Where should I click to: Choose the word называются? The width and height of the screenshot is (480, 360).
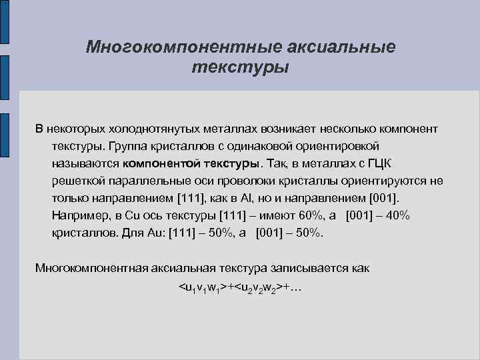tap(85, 163)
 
